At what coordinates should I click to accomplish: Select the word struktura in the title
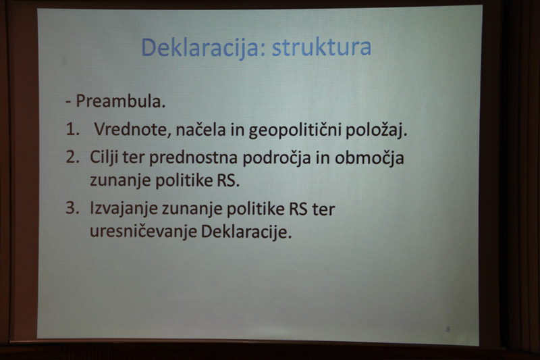(322, 47)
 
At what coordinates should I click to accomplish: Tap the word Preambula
(121, 101)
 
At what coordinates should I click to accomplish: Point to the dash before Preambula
(69, 102)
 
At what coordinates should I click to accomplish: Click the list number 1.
(73, 130)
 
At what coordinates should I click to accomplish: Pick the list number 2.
(73, 157)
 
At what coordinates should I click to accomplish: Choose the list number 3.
(73, 208)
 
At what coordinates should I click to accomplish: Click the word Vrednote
(133, 130)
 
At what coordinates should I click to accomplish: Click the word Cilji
(104, 158)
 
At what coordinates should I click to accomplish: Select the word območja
(369, 159)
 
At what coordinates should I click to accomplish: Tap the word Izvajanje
(124, 209)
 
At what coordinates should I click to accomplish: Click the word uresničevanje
(143, 232)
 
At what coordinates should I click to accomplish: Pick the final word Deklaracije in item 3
(246, 232)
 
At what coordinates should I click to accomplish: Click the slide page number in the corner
(448, 329)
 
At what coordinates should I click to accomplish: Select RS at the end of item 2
(228, 181)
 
